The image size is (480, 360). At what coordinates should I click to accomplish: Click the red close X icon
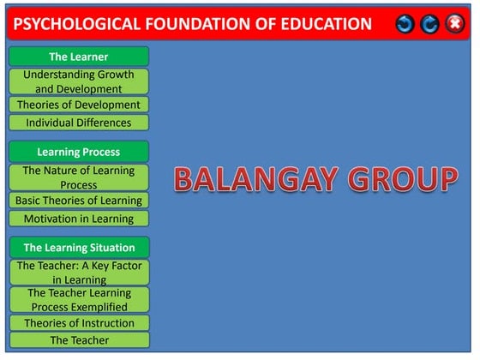coord(455,24)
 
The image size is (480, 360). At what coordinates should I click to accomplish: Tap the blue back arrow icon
coord(405,24)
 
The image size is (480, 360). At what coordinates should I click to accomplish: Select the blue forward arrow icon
coord(429,24)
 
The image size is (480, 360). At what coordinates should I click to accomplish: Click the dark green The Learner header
coord(79,57)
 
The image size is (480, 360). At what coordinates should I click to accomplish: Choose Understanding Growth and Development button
coord(79,81)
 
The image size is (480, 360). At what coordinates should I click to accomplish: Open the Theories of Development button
coord(79,105)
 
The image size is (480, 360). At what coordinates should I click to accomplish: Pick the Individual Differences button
coord(79,123)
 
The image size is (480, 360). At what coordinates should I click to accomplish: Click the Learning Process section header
coord(79,152)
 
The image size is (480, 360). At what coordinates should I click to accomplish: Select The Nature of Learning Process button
coord(79,177)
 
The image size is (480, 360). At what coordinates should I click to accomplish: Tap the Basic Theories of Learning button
coord(79,201)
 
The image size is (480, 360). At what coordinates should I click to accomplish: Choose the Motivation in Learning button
coord(79,219)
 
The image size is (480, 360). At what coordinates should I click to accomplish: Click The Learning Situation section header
coord(79,248)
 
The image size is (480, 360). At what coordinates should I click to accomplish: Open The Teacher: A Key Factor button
coord(79,273)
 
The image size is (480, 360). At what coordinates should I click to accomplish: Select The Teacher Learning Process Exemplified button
coord(79,300)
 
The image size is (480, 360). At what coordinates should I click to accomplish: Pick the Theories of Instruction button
coord(79,323)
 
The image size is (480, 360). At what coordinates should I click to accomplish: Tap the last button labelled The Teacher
coord(79,340)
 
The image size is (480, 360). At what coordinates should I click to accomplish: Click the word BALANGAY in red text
coord(256,179)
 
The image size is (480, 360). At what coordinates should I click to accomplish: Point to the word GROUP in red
coord(403,179)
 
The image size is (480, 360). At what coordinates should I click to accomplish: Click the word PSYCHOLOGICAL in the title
coord(77,24)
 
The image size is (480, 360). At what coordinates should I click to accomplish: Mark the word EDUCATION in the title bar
coord(327,24)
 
